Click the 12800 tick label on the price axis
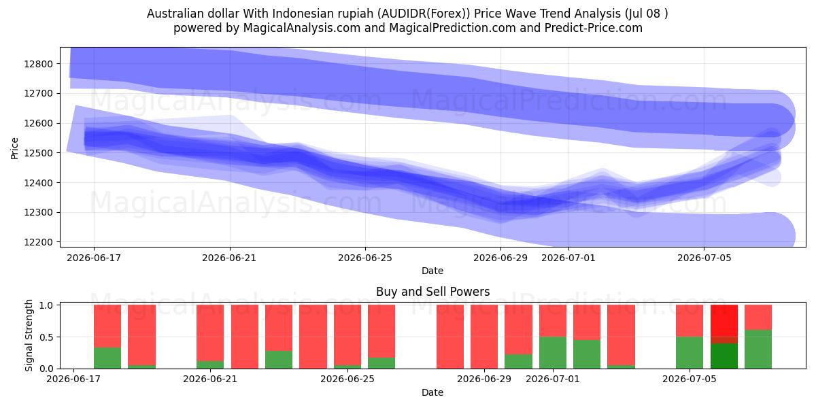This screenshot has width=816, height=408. click(x=39, y=64)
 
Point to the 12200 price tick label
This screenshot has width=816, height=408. click(x=39, y=242)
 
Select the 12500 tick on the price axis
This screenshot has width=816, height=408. click(x=39, y=153)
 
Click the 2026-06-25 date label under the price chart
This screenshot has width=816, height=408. click(x=365, y=258)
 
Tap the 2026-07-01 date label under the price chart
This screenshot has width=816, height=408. click(x=568, y=258)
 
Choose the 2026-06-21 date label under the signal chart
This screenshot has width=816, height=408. click(x=210, y=379)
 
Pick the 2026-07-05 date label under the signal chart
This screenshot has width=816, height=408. click(x=690, y=379)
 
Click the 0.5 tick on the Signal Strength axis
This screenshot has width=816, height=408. click(x=46, y=337)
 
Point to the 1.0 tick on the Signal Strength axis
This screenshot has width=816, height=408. click(x=46, y=305)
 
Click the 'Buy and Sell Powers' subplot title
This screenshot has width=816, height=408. click(x=432, y=292)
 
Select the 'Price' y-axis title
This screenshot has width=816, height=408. click(x=14, y=148)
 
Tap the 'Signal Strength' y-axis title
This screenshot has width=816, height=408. click(x=29, y=335)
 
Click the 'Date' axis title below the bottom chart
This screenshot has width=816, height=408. click(x=432, y=392)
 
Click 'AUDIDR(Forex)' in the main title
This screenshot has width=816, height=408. click(x=423, y=14)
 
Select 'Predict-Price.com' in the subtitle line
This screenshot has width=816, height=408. click(x=594, y=28)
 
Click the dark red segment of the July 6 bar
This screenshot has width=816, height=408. click(x=724, y=340)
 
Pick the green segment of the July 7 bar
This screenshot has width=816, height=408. click(x=758, y=350)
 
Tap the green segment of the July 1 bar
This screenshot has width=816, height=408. click(x=553, y=353)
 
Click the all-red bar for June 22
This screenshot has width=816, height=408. click(x=245, y=337)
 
